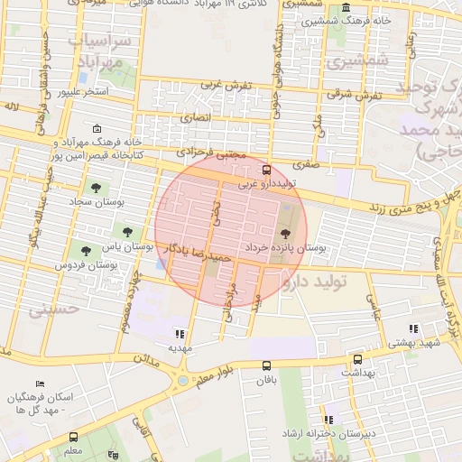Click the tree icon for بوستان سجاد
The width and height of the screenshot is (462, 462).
[96, 188]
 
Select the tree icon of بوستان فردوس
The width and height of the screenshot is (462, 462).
[86, 251]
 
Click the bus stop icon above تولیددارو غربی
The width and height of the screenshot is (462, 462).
[265, 170]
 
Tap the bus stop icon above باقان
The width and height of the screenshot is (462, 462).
[265, 365]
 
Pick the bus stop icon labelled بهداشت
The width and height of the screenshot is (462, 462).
[358, 358]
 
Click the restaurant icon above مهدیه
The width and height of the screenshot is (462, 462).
[180, 333]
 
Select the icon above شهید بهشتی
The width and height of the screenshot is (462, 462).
[413, 329]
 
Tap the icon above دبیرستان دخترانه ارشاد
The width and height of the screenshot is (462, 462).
[329, 420]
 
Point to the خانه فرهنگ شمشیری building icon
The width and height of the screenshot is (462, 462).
[372, 8]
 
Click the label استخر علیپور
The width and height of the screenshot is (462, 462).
[83, 91]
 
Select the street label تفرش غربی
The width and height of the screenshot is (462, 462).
[224, 85]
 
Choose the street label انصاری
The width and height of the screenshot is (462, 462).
[194, 117]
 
